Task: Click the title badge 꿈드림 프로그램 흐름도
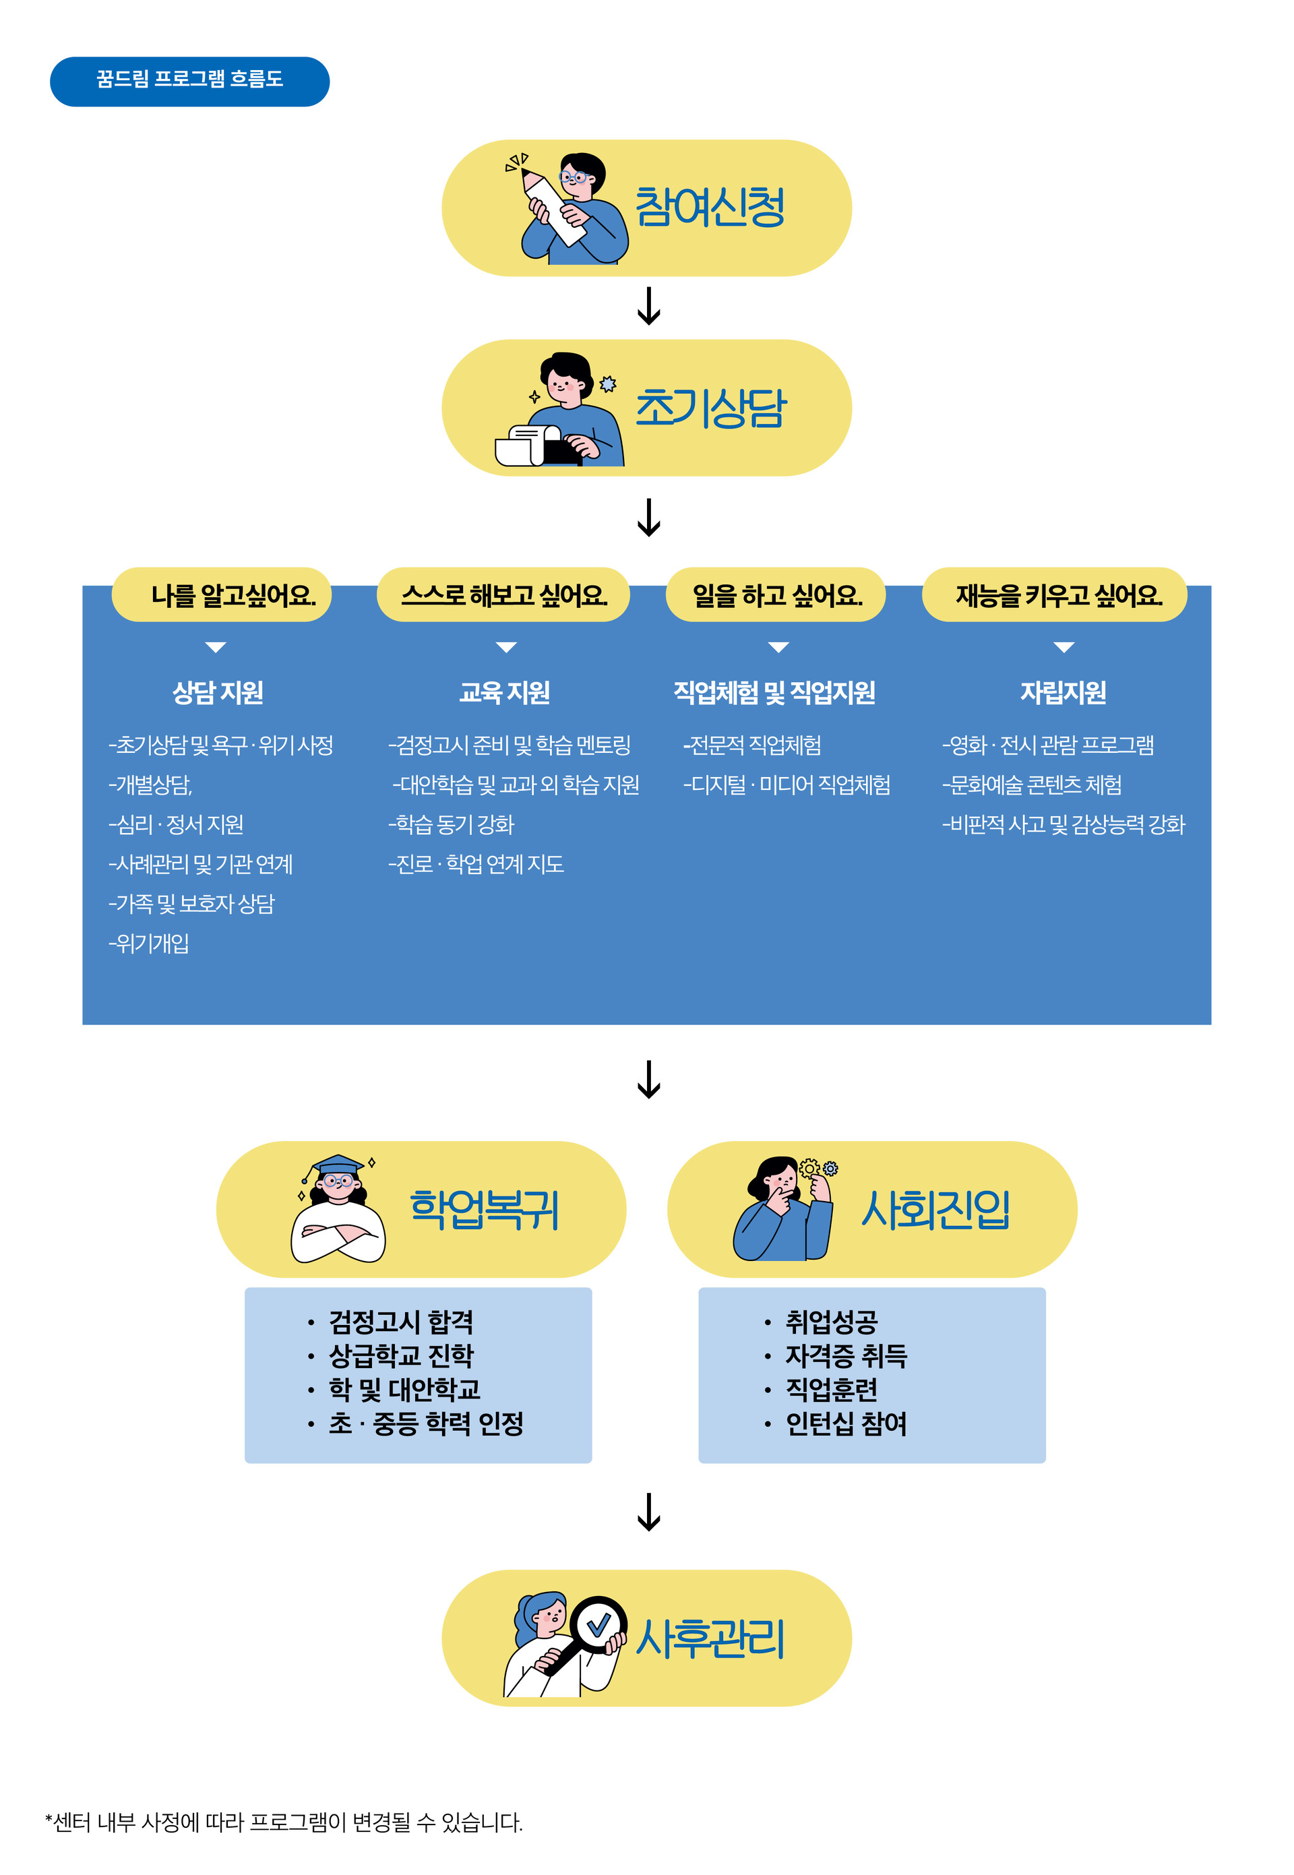(190, 81)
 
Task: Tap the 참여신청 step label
(710, 208)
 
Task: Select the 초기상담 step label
(710, 408)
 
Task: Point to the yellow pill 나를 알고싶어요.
(221, 596)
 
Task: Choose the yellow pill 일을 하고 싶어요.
(775, 596)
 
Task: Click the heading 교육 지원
(504, 692)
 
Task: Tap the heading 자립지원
(1062, 692)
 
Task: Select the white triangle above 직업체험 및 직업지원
(778, 647)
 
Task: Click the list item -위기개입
(149, 943)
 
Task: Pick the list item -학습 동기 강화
(452, 824)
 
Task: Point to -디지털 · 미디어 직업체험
(787, 785)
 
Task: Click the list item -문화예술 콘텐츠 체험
(1031, 785)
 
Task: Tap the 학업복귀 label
(484, 1210)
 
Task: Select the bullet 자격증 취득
(846, 1355)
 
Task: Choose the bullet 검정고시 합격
(400, 1322)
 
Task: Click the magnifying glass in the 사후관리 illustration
(598, 1624)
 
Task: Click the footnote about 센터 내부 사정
(284, 1822)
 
